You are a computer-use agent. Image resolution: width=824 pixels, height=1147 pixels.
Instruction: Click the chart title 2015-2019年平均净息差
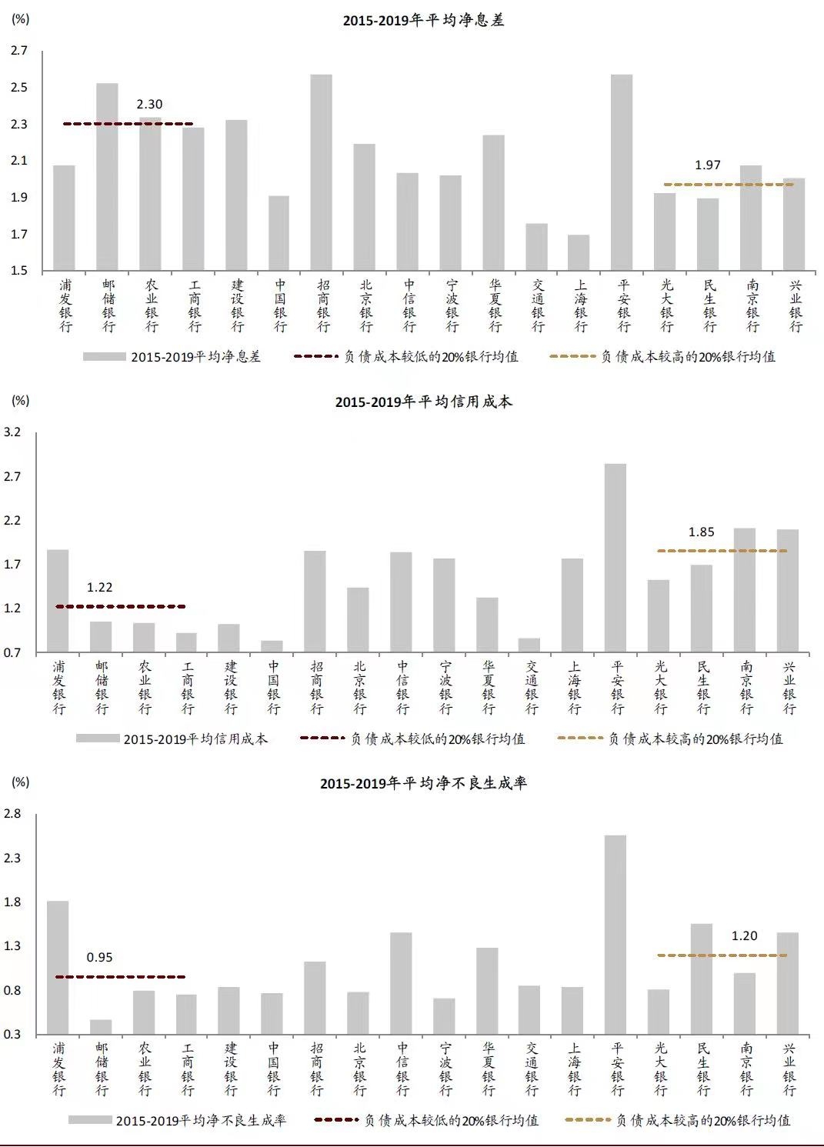423,21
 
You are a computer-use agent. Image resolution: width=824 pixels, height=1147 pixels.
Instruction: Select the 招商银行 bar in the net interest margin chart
322,172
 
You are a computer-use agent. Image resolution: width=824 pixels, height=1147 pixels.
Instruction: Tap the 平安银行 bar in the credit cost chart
615,558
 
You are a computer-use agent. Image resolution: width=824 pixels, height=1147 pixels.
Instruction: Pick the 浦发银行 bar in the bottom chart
58,967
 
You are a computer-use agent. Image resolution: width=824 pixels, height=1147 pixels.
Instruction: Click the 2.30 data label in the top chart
149,105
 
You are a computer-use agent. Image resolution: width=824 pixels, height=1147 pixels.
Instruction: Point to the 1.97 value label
708,165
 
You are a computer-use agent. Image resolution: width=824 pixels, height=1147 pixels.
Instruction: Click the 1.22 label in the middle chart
99,588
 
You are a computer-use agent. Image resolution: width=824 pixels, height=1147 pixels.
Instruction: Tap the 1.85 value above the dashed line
701,532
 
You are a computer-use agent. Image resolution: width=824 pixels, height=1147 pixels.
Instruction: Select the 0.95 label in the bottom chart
99,958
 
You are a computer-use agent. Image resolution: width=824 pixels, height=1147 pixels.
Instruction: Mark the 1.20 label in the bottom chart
744,936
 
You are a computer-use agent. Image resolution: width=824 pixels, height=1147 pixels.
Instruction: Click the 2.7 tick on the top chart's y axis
19,51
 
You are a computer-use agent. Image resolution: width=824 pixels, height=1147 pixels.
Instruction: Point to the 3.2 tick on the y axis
12,432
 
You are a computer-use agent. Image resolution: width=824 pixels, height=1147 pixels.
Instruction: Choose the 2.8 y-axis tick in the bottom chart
12,814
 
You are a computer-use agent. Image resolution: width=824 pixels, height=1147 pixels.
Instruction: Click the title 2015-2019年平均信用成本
423,402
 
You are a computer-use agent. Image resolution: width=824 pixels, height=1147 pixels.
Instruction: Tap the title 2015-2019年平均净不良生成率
423,784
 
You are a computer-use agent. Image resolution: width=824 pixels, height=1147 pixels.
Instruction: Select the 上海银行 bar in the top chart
579,252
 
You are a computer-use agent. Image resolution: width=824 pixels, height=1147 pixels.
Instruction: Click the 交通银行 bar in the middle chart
529,645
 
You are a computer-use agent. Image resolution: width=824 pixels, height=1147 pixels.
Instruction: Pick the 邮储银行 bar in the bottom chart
101,1026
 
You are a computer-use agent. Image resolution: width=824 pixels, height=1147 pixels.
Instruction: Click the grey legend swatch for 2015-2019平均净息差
104,357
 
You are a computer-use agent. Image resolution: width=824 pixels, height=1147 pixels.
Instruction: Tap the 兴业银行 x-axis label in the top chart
796,306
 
